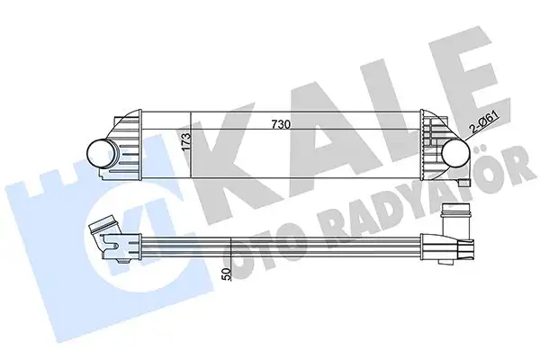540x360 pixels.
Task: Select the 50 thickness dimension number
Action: click(x=227, y=274)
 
